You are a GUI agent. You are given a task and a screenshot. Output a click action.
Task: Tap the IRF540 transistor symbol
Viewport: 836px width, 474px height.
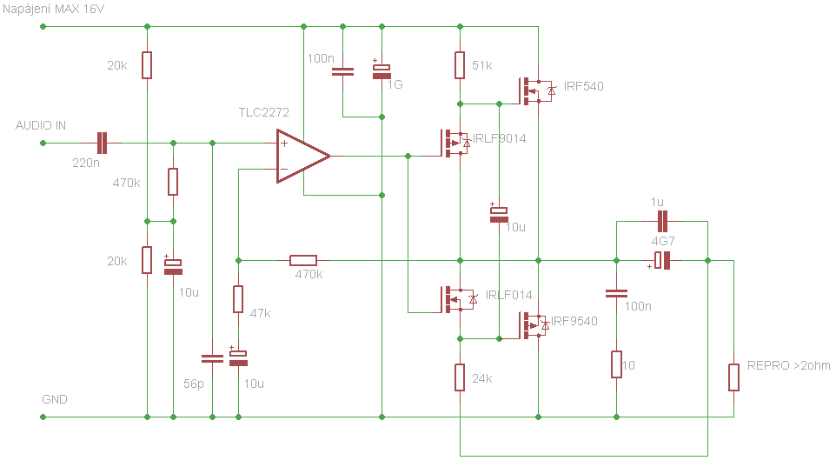pos(537,90)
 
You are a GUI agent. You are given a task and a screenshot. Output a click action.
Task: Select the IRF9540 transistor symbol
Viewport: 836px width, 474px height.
pos(534,325)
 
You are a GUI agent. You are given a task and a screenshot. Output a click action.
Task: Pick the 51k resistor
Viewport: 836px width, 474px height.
pos(460,65)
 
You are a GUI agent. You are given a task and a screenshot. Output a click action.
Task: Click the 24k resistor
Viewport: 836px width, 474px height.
pos(460,377)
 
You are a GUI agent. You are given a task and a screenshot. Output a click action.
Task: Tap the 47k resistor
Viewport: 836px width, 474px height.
pos(238,299)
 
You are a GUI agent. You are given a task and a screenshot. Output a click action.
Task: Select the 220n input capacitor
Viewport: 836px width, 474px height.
pos(102,143)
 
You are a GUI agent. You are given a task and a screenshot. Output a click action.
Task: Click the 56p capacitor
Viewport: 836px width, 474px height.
pos(212,358)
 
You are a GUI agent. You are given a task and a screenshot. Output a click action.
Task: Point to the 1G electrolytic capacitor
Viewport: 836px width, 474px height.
pos(382,71)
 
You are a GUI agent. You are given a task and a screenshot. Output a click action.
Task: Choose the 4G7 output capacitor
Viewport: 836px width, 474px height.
pos(661,261)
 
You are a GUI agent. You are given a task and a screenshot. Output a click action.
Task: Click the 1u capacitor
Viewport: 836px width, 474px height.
pos(662,221)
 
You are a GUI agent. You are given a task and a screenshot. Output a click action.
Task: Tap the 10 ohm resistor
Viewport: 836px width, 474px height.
pos(616,364)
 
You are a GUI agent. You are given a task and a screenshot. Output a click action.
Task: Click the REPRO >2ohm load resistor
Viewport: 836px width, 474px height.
pos(733,377)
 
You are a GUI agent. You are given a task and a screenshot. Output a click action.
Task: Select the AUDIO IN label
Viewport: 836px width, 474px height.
pos(41,125)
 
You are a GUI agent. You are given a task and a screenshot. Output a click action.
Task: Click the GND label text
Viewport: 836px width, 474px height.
pos(55,399)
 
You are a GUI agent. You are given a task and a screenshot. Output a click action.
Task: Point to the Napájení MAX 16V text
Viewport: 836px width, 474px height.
pos(53,9)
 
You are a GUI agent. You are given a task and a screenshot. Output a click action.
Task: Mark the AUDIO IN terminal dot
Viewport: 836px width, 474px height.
pos(43,143)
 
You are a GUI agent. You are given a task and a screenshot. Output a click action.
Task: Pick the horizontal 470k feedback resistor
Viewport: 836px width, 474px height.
pos(302,261)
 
